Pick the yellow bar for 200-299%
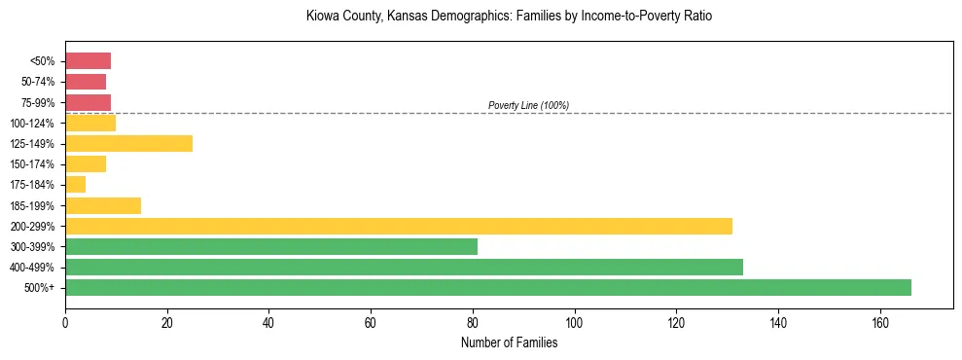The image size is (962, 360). pos(399,226)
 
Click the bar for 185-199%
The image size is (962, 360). pos(103,205)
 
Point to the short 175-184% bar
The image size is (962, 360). pos(76,185)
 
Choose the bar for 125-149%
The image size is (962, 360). pos(128,143)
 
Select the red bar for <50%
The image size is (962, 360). pos(88,60)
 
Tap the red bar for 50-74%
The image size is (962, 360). pos(86,82)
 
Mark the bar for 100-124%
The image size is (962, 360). pos(90,123)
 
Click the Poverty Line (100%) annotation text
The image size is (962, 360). pos(528,105)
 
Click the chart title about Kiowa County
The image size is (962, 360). pos(509,17)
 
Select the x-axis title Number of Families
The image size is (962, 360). pos(509,342)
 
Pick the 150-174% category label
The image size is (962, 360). pos(34,164)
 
